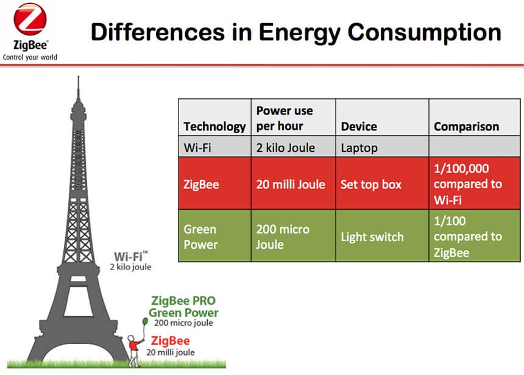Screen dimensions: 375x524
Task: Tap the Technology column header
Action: click(x=214, y=127)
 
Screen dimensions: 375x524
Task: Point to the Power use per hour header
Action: click(x=285, y=118)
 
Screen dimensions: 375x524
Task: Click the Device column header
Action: click(x=359, y=127)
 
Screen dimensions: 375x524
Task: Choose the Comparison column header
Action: click(x=466, y=127)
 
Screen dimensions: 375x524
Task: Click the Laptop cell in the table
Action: click(x=359, y=148)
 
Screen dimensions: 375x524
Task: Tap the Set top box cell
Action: click(x=371, y=184)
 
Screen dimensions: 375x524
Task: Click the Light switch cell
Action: click(x=372, y=237)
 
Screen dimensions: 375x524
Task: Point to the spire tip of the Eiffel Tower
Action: click(x=78, y=78)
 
